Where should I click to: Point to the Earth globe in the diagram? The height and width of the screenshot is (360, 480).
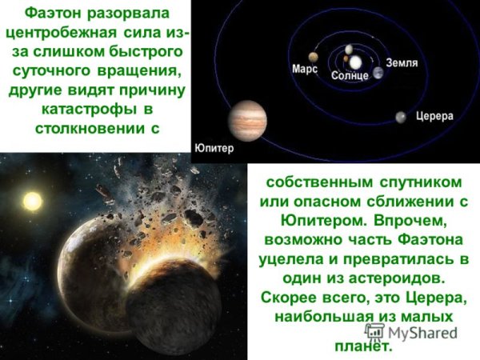(378, 73)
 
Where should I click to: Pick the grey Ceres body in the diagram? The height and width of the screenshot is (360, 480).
(399, 118)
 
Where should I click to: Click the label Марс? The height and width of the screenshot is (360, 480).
(304, 70)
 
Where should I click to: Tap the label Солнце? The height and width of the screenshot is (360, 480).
(350, 75)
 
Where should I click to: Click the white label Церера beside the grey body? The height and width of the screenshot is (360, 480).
(434, 117)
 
